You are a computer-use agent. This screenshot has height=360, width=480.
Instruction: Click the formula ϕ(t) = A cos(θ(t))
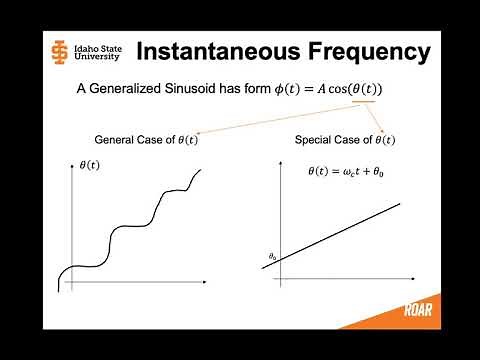pos(331,90)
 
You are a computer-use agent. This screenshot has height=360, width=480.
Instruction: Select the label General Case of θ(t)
pos(145,139)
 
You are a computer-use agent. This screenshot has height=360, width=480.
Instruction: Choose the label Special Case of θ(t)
pos(345,139)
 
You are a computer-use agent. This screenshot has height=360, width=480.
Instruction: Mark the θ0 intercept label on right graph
pos(272,257)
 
